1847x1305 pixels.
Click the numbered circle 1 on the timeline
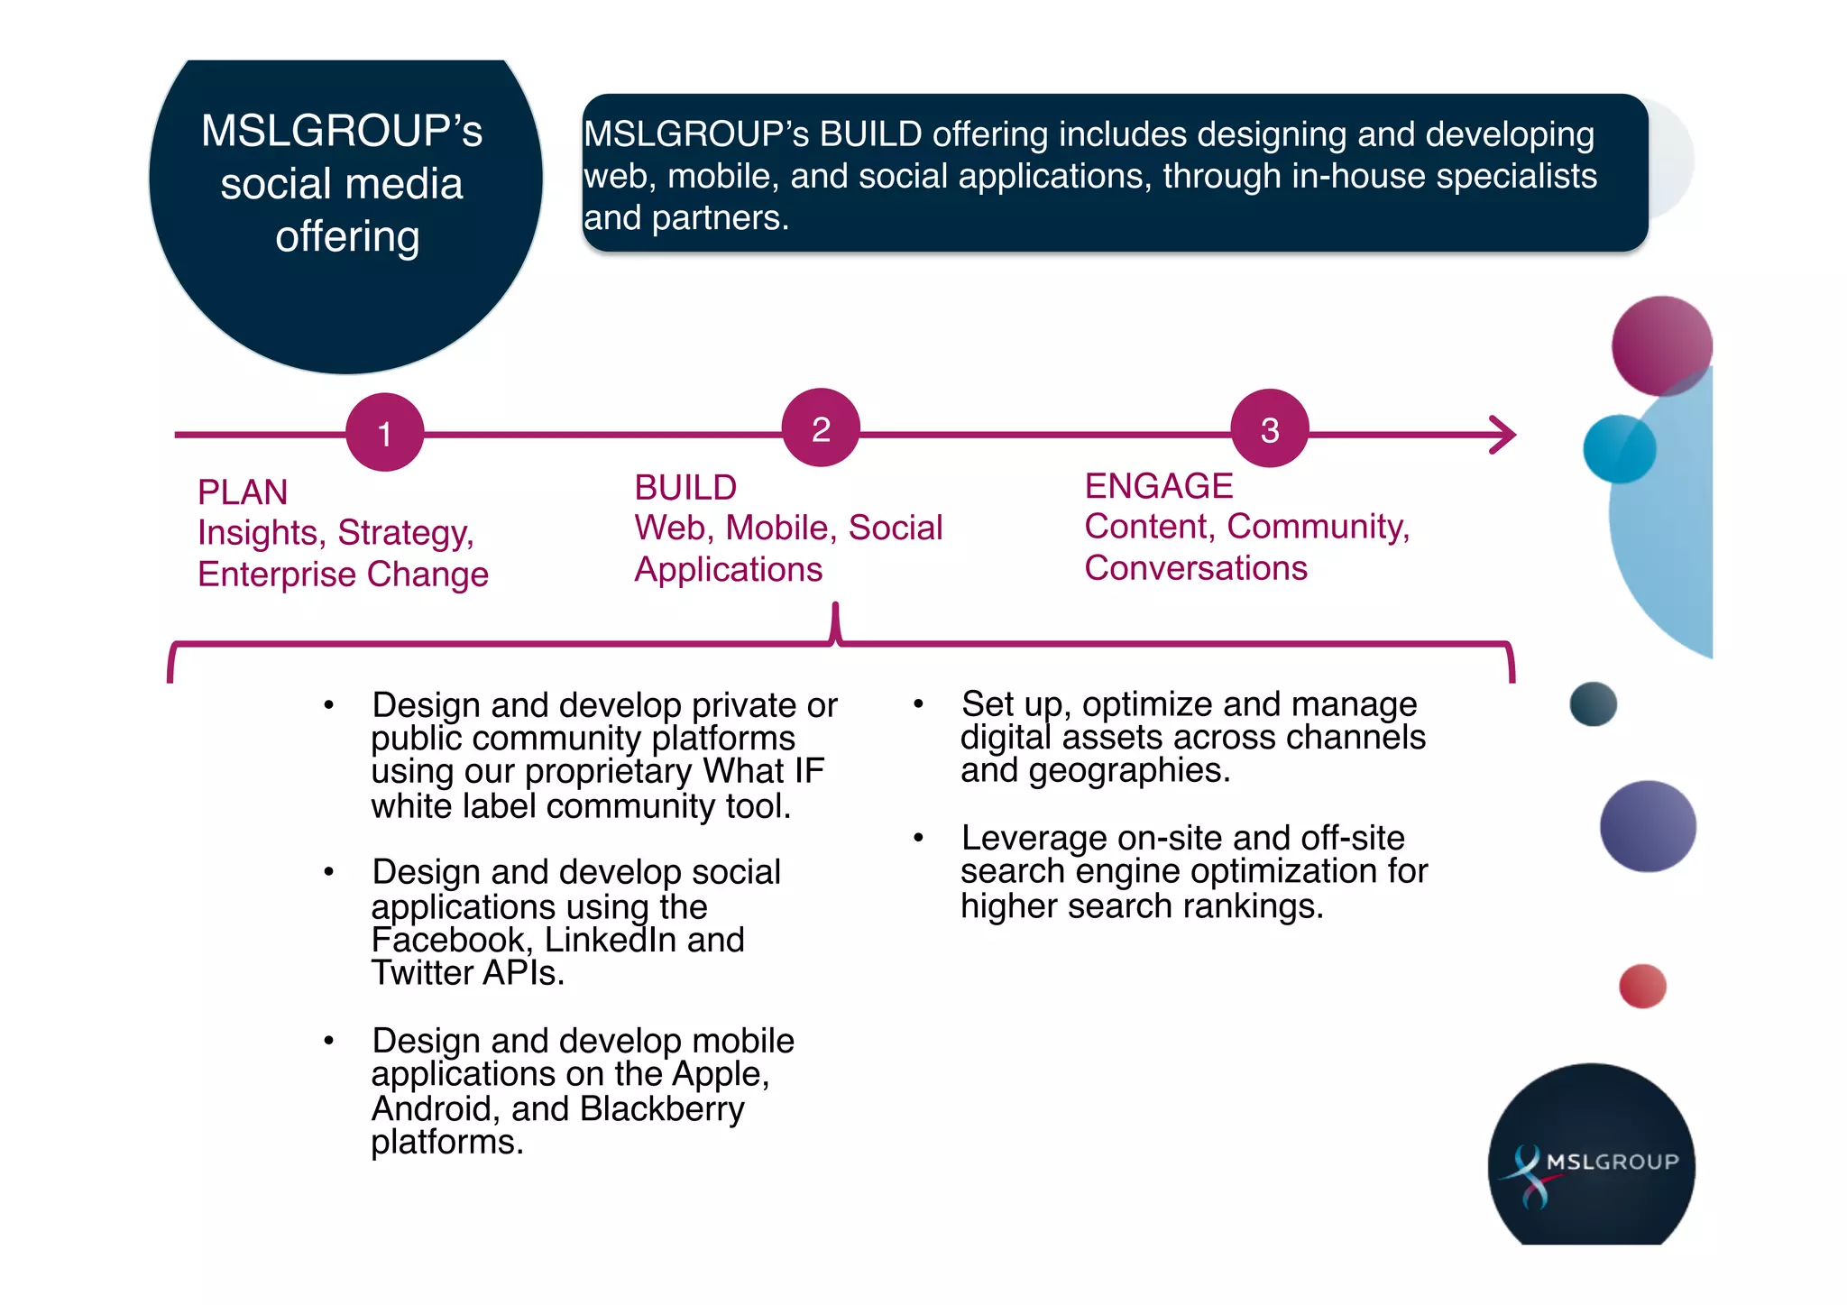pos(385,433)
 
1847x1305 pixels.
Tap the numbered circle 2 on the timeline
pos(821,428)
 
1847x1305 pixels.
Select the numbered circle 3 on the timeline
pos(1270,429)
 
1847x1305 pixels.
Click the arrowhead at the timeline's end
pos(1506,435)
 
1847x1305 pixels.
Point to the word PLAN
pos(243,492)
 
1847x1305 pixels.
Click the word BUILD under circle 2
pos(685,488)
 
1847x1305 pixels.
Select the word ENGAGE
pos(1158,486)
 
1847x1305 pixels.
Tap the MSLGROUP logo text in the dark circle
pos(1613,1162)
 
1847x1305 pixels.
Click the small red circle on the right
pos(1642,986)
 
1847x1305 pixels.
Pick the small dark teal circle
pos(1593,703)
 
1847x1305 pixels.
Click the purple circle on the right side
pos(1648,826)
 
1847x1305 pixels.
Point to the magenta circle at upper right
pos(1661,345)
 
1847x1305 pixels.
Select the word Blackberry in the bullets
pos(662,1109)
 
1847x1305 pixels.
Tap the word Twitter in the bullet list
pos(421,973)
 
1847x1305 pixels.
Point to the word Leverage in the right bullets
pos(1034,839)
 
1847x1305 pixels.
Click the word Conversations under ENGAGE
pos(1196,568)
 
